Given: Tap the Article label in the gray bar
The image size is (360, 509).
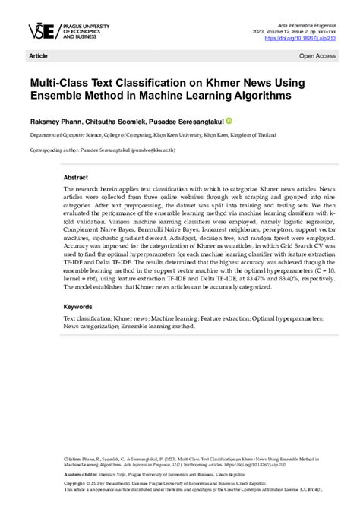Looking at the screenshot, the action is click(37, 56).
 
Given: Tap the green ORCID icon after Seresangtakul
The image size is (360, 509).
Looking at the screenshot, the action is click(229, 121).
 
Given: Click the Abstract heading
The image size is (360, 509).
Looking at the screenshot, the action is click(77, 174).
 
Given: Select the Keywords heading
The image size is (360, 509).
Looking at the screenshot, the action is click(80, 307).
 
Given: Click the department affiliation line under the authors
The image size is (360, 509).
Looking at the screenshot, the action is click(137, 134).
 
